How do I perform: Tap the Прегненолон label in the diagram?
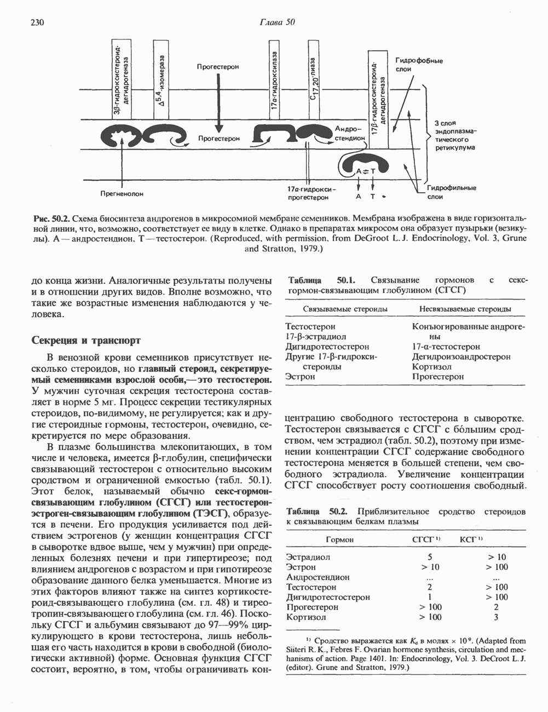122,193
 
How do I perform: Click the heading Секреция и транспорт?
86,340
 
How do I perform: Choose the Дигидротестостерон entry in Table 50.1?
327,347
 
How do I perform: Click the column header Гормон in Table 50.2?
339,539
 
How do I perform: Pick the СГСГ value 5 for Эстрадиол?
430,557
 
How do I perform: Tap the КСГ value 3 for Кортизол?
496,617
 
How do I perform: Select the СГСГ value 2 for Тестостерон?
430,587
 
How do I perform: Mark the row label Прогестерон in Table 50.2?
312,607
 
